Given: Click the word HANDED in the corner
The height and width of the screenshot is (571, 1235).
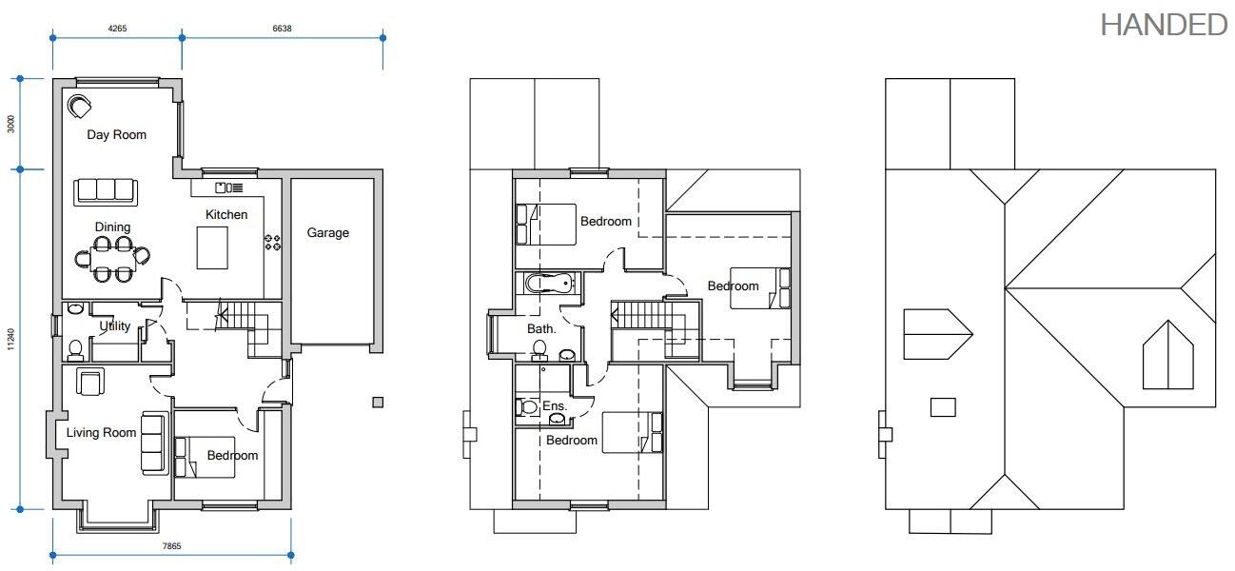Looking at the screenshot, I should click(1164, 26).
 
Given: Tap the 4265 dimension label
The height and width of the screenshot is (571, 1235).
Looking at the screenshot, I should click(117, 29).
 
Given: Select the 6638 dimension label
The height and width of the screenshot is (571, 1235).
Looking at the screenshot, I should click(282, 29).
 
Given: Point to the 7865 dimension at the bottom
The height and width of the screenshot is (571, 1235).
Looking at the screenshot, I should click(171, 546).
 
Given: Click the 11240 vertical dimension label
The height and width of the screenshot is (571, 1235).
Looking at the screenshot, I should click(11, 340).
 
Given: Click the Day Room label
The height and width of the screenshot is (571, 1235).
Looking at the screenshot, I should click(117, 135).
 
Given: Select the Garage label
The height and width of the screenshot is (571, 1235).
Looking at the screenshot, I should click(327, 233).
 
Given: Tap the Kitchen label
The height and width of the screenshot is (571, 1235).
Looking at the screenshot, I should click(226, 215).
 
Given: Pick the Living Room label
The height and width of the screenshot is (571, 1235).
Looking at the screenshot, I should click(102, 433).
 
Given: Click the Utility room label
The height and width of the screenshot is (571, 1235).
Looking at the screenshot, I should click(115, 326).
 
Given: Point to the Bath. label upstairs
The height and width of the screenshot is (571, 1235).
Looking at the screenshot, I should click(541, 329).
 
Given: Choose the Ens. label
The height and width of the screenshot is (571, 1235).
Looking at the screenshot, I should click(555, 406).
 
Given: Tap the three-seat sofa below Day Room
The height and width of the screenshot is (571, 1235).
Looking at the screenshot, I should click(106, 191).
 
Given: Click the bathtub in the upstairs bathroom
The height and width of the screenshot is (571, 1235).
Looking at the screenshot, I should click(550, 283).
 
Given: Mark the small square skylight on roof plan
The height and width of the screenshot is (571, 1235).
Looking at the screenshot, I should click(942, 407).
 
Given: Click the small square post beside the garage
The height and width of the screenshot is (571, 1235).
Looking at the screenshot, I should click(378, 402).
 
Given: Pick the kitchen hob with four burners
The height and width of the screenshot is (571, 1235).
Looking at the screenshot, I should click(273, 243).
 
